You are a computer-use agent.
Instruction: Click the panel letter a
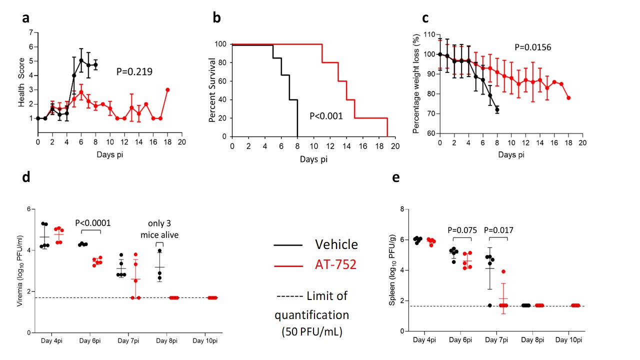(x=25, y=18)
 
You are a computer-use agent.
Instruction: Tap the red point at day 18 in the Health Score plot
(x=167, y=90)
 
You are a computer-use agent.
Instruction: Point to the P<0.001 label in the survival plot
(x=326, y=116)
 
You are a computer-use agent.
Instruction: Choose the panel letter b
(x=217, y=18)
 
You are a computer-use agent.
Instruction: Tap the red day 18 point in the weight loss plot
(x=569, y=97)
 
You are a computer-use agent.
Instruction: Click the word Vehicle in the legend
(x=336, y=244)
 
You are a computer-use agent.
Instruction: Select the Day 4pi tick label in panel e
(x=424, y=340)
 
